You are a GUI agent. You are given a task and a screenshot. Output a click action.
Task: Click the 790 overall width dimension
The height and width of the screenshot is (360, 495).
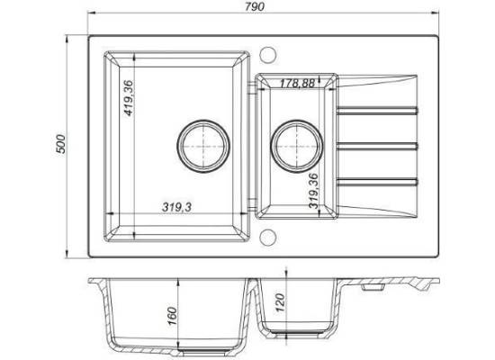[255, 6]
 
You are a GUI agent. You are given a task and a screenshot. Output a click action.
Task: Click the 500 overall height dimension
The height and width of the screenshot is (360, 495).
[60, 144]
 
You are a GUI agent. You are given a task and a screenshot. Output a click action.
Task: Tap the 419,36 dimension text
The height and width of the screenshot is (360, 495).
[129, 98]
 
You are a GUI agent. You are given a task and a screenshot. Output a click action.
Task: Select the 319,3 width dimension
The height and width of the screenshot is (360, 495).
[176, 207]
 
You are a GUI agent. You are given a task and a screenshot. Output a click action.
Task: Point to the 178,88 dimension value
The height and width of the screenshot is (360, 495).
[297, 83]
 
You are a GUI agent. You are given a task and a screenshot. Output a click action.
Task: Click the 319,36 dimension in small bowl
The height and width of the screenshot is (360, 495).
[314, 191]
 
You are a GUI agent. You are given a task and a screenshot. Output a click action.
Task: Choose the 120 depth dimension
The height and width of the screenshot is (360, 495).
[280, 302]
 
